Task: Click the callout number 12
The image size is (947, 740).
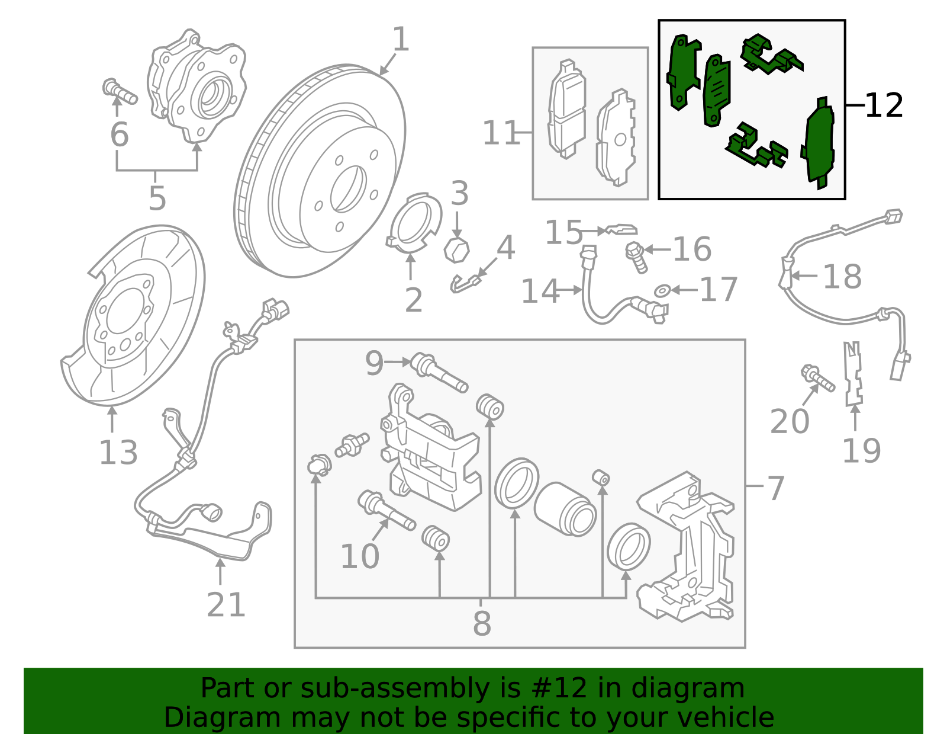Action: [883, 106]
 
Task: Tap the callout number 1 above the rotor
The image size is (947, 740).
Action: [401, 40]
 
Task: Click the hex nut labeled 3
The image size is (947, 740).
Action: [456, 249]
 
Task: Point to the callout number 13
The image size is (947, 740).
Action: [118, 453]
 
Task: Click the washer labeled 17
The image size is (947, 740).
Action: [662, 290]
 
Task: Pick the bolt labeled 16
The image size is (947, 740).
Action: [636, 256]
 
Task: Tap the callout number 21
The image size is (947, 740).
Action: [226, 605]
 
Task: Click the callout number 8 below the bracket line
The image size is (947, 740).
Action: [482, 623]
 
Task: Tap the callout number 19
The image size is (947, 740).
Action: [861, 451]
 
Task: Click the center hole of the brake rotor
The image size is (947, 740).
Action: [348, 189]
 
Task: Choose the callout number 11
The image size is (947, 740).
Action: [500, 133]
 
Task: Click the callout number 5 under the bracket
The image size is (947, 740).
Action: [157, 198]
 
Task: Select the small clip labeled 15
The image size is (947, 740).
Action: [621, 229]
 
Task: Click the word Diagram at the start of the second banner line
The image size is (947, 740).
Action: [200, 717]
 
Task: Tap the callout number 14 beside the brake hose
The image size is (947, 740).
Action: [539, 291]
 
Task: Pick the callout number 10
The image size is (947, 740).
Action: [359, 556]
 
